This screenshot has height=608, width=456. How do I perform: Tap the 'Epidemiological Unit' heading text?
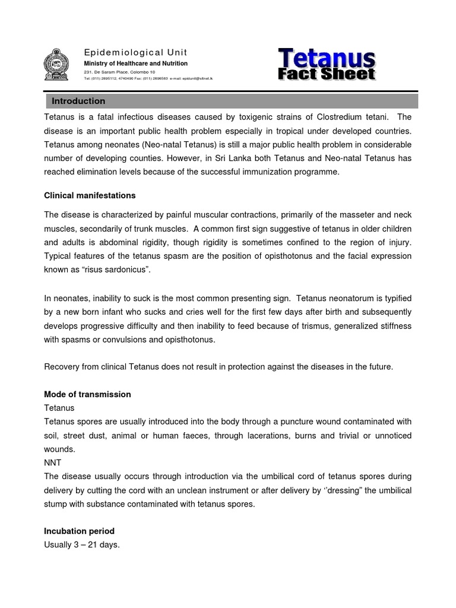[126, 52]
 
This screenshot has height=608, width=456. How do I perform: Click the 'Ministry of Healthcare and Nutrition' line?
[135, 64]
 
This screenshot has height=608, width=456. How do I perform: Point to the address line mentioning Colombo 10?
[119, 72]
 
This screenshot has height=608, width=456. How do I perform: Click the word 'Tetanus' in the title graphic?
[327, 59]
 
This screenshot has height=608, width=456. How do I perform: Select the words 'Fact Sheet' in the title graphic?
[327, 74]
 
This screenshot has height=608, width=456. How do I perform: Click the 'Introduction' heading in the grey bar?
[78, 101]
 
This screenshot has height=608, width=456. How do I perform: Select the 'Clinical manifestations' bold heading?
[90, 195]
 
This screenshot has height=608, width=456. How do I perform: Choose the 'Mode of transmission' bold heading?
[87, 394]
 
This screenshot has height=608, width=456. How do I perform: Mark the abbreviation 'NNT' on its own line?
[52, 463]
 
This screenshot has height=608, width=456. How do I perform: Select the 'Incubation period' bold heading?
[79, 531]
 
